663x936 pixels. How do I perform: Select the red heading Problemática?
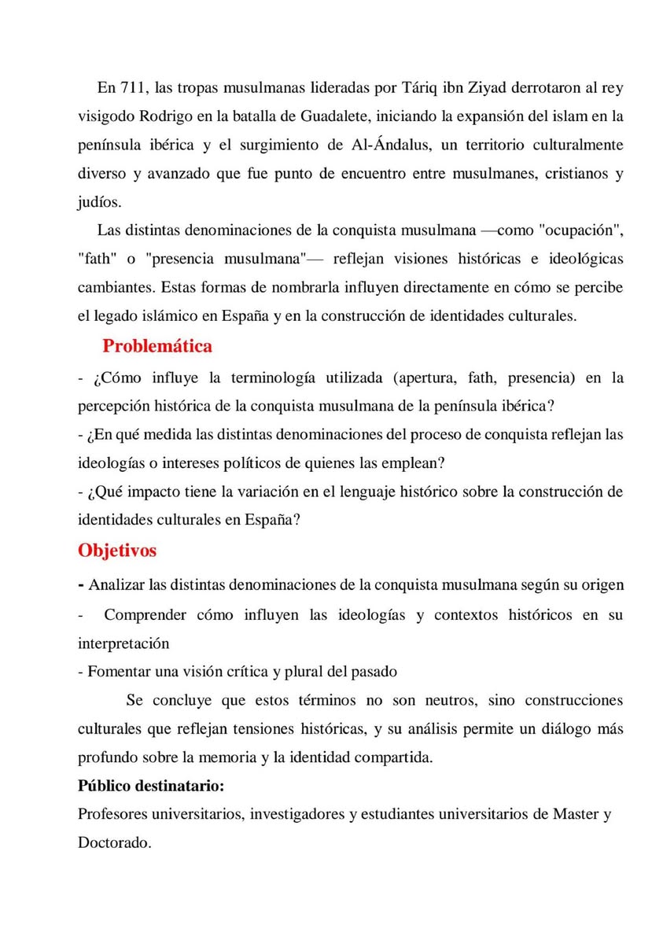tap(157, 345)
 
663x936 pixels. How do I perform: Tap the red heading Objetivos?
tap(117, 551)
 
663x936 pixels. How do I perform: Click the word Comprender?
tap(145, 615)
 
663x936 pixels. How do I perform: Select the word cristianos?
tap(574, 174)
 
